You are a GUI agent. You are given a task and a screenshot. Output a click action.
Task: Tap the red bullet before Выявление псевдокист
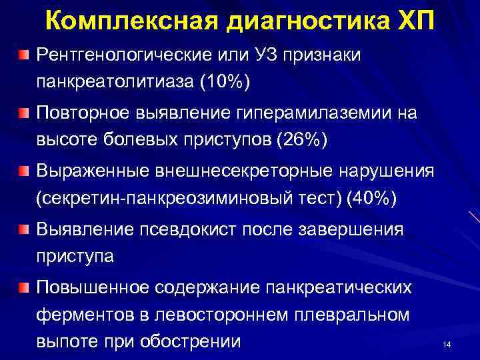pos(24,229)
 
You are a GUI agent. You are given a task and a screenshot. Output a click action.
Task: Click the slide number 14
pos(447,344)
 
